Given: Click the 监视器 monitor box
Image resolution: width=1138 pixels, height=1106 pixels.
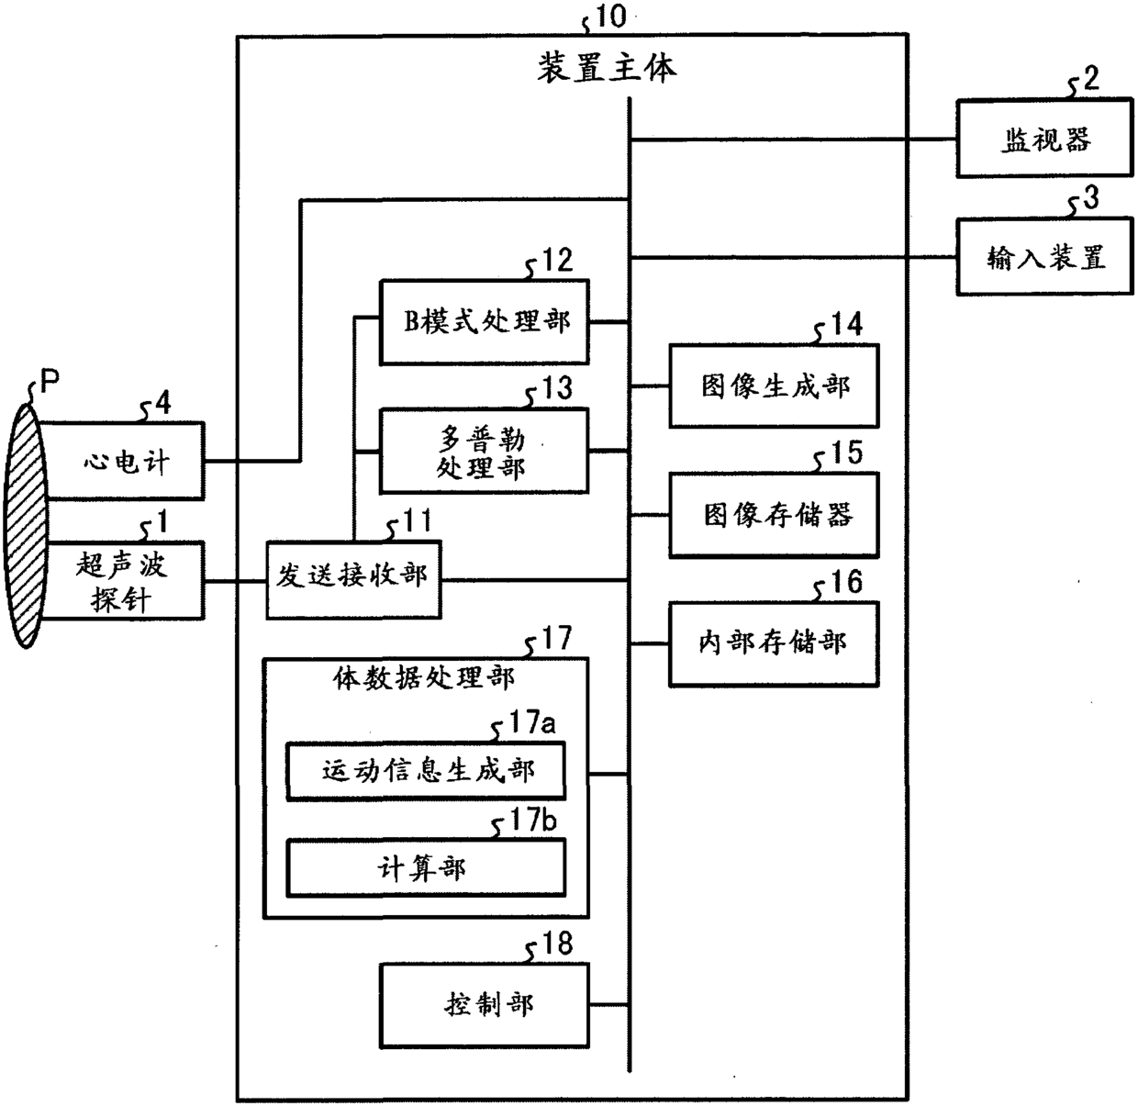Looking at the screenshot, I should tap(1044, 139).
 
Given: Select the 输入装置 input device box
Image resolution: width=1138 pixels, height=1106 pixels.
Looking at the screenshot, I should tap(1044, 257).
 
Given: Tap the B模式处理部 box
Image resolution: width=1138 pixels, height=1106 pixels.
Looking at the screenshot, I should tap(484, 322).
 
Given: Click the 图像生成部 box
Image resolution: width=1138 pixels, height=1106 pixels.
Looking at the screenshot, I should tap(774, 386).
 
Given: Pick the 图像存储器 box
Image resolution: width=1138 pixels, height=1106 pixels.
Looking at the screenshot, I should tap(774, 515).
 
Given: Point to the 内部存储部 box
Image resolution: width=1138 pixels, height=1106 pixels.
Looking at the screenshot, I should tap(774, 643).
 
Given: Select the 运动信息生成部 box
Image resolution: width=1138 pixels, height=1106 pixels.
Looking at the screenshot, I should tap(426, 771).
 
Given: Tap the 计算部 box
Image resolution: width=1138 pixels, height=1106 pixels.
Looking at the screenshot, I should tap(426, 868).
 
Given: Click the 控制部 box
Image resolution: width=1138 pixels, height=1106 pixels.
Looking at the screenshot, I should tap(484, 1005).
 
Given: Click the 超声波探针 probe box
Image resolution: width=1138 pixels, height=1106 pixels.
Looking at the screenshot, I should tap(123, 581).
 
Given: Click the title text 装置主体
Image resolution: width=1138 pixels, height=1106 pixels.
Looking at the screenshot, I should tap(607, 68).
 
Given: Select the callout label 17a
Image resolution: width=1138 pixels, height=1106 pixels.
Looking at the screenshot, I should tap(532, 723).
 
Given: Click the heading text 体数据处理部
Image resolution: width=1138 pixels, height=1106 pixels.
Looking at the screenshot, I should tap(423, 678).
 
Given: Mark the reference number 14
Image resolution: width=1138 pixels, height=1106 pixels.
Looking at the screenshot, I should tap(846, 324).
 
